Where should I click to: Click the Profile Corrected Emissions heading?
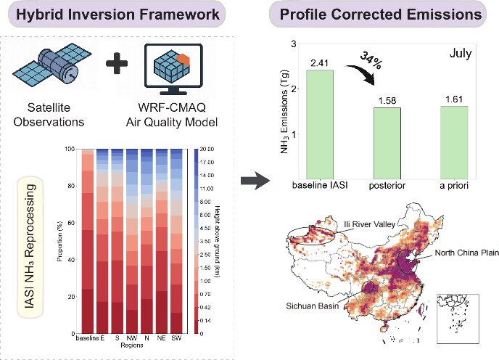coord(381,15)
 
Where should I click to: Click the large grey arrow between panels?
coord(251,181)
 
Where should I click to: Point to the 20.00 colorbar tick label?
coord(205,149)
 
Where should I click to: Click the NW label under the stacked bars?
coord(131,338)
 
